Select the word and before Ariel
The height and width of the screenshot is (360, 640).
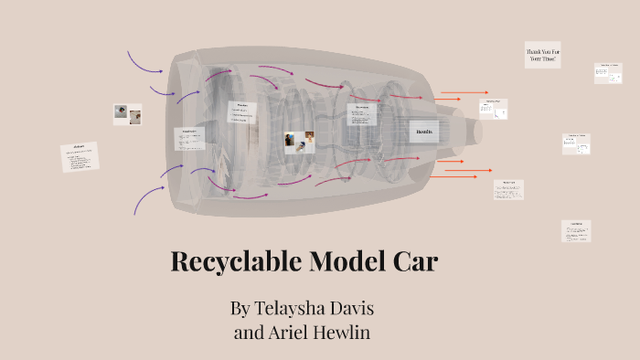(x=250, y=333)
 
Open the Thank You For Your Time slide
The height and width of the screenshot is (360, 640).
(x=542, y=55)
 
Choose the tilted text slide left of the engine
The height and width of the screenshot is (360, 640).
(x=80, y=157)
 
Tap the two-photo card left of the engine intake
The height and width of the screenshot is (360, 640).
(x=127, y=114)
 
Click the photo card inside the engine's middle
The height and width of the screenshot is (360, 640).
(x=299, y=142)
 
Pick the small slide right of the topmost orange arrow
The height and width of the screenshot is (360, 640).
(x=493, y=108)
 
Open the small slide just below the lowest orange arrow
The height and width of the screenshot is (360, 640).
(x=509, y=189)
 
